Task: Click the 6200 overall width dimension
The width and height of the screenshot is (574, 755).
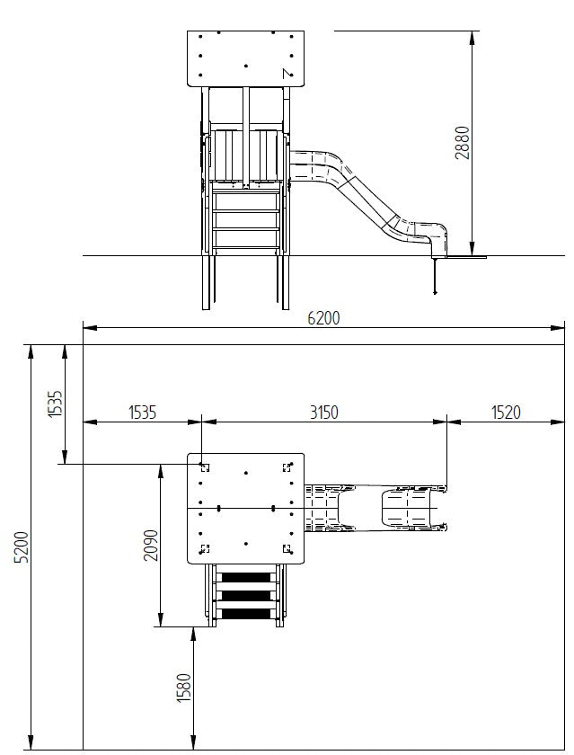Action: [323, 318]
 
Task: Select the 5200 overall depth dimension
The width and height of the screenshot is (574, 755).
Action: [22, 547]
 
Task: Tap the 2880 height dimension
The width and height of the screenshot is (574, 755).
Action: [462, 143]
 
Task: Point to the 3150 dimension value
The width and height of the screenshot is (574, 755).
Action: [323, 413]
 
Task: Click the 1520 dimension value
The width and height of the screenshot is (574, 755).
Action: [506, 413]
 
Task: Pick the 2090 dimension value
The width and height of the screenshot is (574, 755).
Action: [151, 545]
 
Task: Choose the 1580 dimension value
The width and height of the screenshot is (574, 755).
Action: [184, 688]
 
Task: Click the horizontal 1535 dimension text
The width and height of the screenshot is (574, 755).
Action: [143, 413]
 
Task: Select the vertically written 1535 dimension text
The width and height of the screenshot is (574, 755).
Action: [56, 404]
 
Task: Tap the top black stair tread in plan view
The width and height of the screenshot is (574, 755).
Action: [246, 577]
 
